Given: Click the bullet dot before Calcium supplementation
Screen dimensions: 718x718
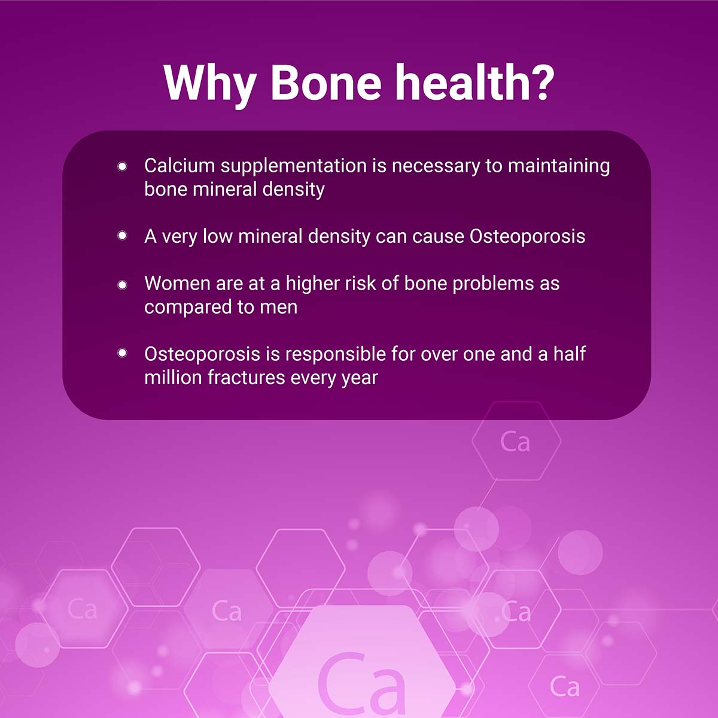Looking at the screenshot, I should pyautogui.click(x=123, y=166).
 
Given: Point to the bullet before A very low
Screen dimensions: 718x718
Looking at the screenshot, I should pyautogui.click(x=123, y=236).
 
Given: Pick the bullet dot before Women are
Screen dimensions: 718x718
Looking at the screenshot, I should pyautogui.click(x=123, y=284).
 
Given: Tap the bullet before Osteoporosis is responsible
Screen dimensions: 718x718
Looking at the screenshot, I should pyautogui.click(x=123, y=354).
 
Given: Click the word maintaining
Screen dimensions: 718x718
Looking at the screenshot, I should pyautogui.click(x=559, y=166).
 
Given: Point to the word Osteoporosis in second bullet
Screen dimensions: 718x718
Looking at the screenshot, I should pyautogui.click(x=527, y=237).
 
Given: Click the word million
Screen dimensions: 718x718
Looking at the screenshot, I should pyautogui.click(x=174, y=378).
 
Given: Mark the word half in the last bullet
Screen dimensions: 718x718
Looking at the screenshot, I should pyautogui.click(x=569, y=354).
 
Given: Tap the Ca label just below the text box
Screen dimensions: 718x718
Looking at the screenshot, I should pyautogui.click(x=515, y=442).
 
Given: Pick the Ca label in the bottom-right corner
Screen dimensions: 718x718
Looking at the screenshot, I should pyautogui.click(x=564, y=687).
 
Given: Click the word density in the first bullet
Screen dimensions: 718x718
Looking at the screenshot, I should pyautogui.click(x=293, y=190).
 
